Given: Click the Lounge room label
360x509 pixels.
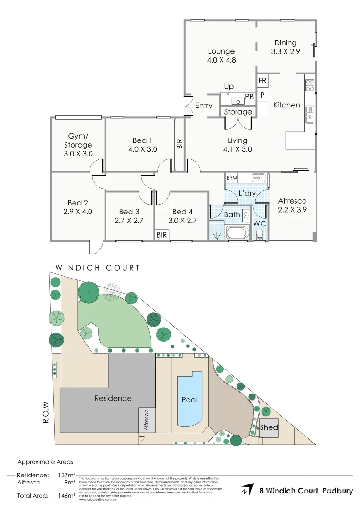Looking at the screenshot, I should coord(221,51).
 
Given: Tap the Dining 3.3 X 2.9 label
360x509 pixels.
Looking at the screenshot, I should coord(285,48).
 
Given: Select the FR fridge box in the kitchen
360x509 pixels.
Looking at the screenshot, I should coord(262,81).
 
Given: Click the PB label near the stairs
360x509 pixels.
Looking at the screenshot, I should coord(249,96).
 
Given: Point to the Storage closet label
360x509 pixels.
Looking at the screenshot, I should coord(237,112).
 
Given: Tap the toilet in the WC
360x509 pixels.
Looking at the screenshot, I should coord(260,234).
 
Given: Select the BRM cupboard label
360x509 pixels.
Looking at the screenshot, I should coord(232,178).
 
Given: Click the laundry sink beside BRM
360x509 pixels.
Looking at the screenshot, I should coord(258,178).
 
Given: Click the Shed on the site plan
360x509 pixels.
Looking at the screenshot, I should coord(269,427).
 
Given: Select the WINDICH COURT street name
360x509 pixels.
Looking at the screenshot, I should coord(98,268).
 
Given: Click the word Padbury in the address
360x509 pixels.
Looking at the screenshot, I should coord(337,491).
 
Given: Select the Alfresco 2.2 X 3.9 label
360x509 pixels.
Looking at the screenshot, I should coord(292,205).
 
